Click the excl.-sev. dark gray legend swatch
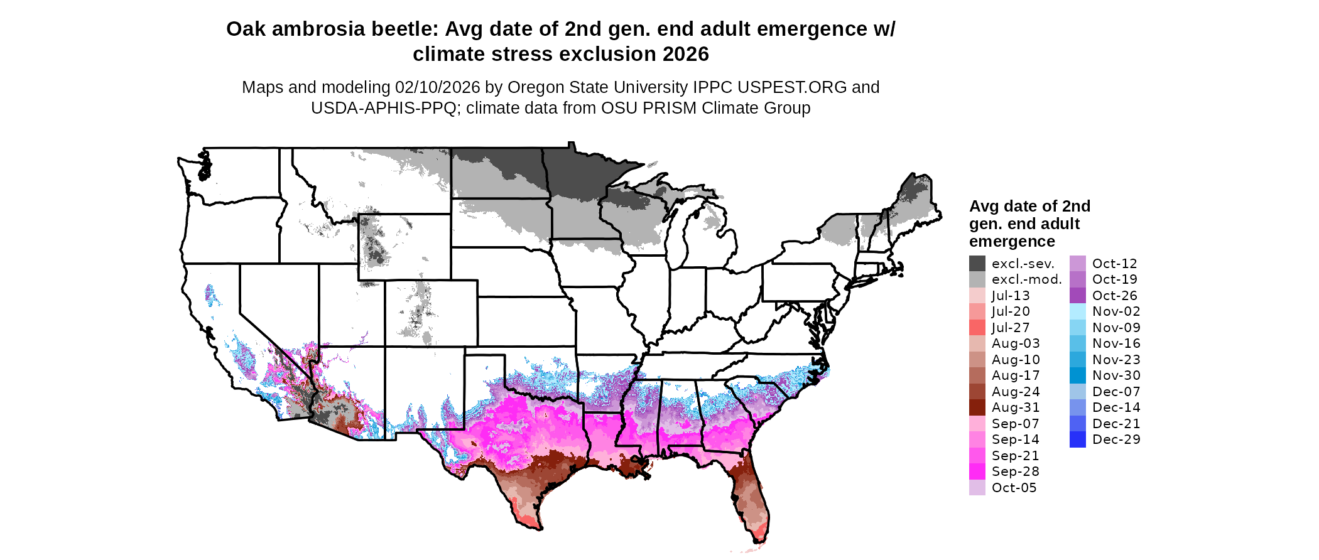point(977,264)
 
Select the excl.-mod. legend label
point(1026,279)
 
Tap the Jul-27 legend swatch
point(977,328)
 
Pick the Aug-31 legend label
point(1015,407)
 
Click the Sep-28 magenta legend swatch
point(977,471)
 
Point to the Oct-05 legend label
point(1014,488)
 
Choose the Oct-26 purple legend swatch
point(1077,296)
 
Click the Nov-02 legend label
point(1115,311)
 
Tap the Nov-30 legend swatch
point(1077,375)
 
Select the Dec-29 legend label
point(1115,439)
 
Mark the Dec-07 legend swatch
point(1077,392)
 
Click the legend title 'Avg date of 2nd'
point(1029,207)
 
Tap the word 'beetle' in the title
point(406,30)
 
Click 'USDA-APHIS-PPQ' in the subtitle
point(383,108)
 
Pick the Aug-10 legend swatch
point(977,360)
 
